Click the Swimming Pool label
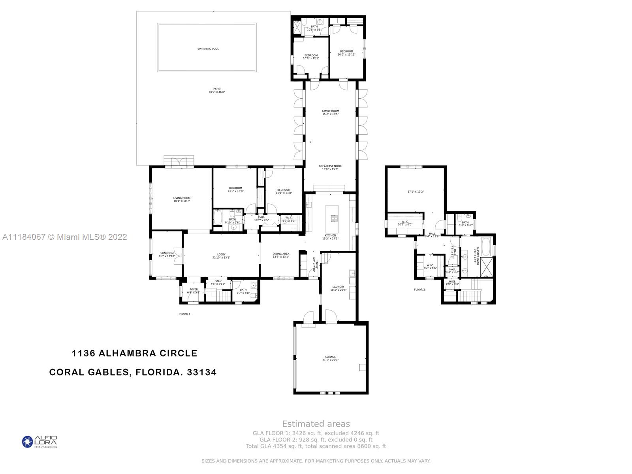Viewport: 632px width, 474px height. pos(208,49)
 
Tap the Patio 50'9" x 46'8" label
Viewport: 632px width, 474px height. pos(217,90)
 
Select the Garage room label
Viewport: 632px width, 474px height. pos(330,358)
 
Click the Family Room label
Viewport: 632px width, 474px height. pos(331,112)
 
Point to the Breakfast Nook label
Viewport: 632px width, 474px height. pos(330,167)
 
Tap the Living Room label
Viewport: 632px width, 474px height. pos(182,199)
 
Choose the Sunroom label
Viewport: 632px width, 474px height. pos(167,254)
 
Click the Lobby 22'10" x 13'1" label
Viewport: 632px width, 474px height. pos(221,256)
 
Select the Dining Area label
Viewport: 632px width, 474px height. pos(281,255)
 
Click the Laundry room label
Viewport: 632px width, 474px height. pos(338,288)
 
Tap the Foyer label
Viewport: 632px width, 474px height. pos(194,291)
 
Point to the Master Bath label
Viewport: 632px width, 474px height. pos(477,256)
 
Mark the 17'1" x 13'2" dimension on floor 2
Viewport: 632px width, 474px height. pos(416,192)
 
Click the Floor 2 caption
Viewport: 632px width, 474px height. pos(419,290)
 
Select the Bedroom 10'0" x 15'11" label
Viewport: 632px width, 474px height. pos(346,53)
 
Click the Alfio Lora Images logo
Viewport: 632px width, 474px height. pos(39,442)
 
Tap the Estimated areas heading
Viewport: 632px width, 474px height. pos(316,424)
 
